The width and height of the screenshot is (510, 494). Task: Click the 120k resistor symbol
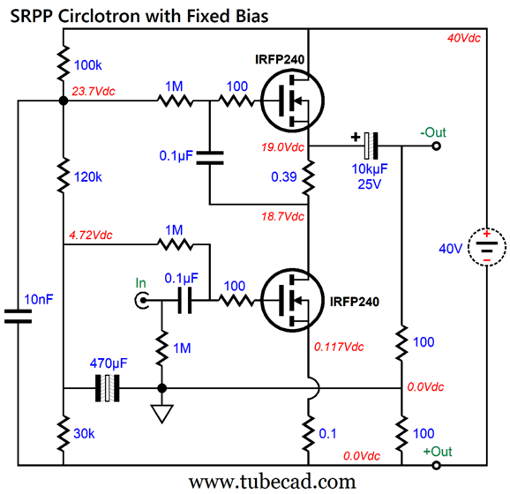tap(63, 177)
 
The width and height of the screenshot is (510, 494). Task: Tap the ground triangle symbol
tap(161, 413)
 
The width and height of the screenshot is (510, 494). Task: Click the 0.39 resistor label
tap(282, 178)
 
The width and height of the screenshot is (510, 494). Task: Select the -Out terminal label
tap(432, 131)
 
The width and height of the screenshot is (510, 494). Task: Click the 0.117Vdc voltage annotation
tap(339, 347)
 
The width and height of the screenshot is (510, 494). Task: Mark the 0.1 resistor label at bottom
tap(327, 432)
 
